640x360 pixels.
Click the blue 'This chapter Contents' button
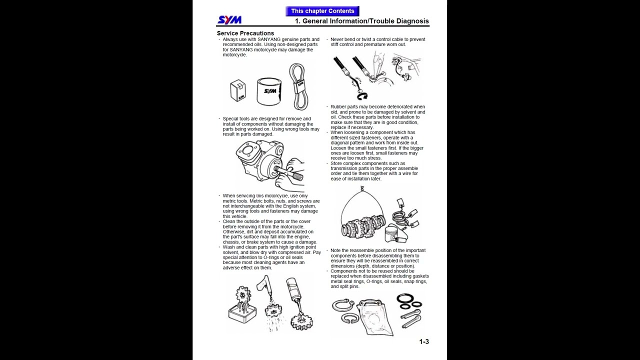click(x=322, y=11)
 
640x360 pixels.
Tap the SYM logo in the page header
click(x=229, y=20)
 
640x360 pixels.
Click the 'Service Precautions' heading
click(x=245, y=33)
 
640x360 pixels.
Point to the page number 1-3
click(x=423, y=341)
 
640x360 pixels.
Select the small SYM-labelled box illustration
click(x=238, y=91)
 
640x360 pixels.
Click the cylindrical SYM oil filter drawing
click(x=269, y=91)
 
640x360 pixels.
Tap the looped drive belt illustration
click(x=298, y=86)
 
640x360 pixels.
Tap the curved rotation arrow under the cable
click(x=361, y=95)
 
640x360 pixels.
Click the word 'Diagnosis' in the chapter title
click(x=412, y=21)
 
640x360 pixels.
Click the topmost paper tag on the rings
click(x=400, y=203)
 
